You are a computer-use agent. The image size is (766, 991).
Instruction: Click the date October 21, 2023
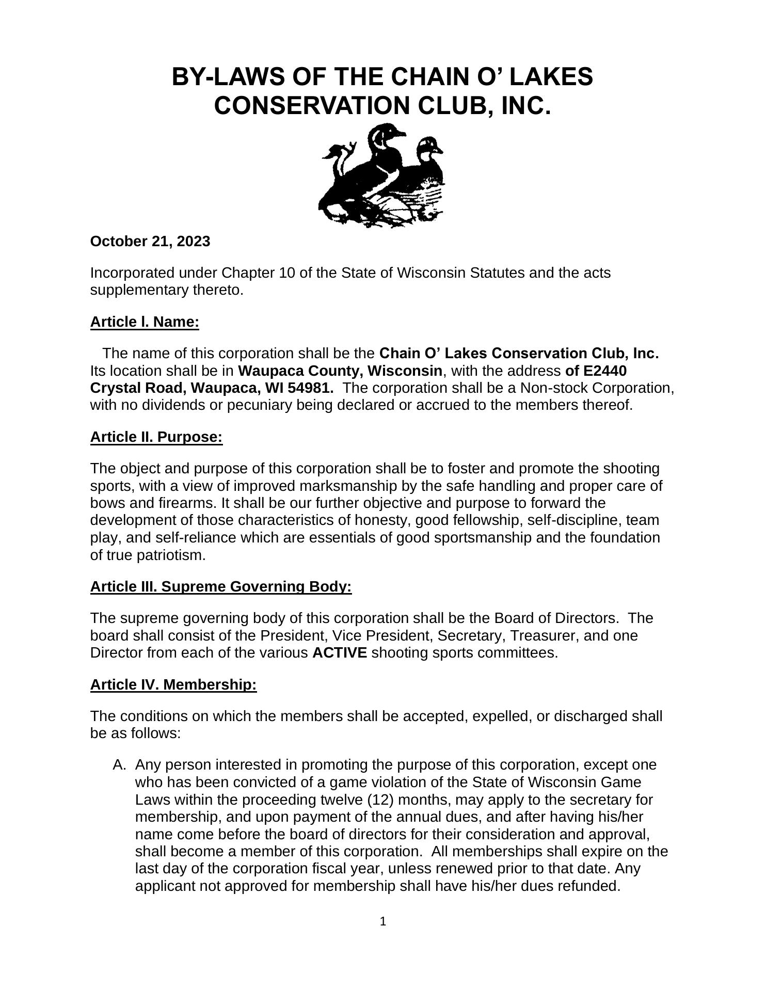pyautogui.click(x=150, y=242)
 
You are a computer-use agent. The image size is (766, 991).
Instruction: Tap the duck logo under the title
pyautogui.click(x=382, y=175)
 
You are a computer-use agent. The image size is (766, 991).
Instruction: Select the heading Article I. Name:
pyautogui.click(x=145, y=322)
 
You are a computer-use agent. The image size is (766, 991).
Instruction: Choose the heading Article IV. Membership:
pyautogui.click(x=173, y=685)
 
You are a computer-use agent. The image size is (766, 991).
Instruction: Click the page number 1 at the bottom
pyautogui.click(x=383, y=922)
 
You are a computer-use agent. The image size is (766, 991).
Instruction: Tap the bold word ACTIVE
pyautogui.click(x=340, y=653)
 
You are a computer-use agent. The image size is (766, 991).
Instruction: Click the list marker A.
pyautogui.click(x=119, y=765)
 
